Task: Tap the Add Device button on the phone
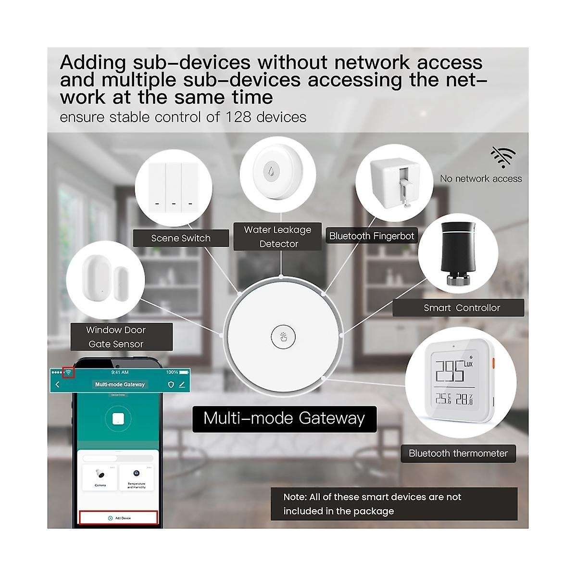[x=118, y=518]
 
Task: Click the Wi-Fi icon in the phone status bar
[x=69, y=372]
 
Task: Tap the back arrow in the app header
[x=58, y=384]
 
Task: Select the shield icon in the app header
[x=170, y=384]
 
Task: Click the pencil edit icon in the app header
[x=182, y=384]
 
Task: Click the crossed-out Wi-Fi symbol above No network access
[x=503, y=158]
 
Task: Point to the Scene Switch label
[x=181, y=238]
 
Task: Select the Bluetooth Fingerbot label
[x=371, y=236]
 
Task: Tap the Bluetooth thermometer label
[x=458, y=453]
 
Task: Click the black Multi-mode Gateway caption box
[x=284, y=418]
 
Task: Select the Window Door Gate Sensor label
[x=115, y=337]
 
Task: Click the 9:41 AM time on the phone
[x=120, y=372]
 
